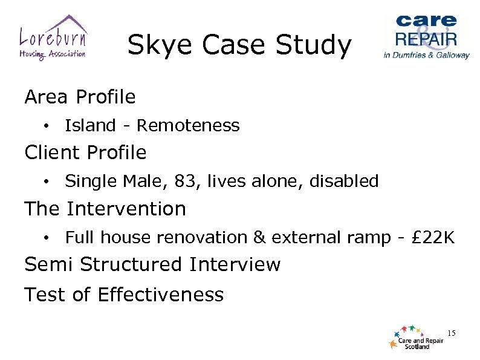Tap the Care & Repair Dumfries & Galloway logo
(x=426, y=36)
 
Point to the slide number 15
(x=450, y=333)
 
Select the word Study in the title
(x=320, y=46)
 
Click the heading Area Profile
(x=80, y=97)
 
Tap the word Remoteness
(x=188, y=126)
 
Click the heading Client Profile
(x=85, y=152)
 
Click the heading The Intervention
(x=105, y=209)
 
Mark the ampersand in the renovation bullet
(x=259, y=237)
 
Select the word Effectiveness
(x=160, y=295)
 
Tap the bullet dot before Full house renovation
(x=46, y=238)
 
